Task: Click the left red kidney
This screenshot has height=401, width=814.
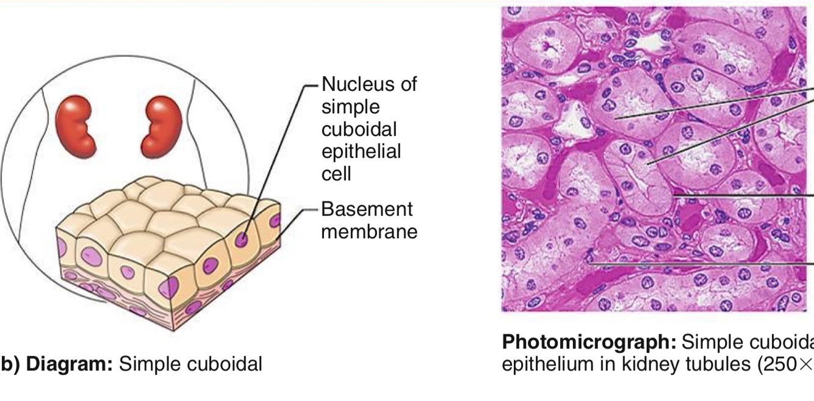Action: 76,125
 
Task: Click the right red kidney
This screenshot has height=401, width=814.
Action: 162,125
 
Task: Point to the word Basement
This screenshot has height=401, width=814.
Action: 367,209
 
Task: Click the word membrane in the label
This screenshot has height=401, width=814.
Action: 369,231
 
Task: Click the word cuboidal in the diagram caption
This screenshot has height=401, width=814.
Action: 222,364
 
